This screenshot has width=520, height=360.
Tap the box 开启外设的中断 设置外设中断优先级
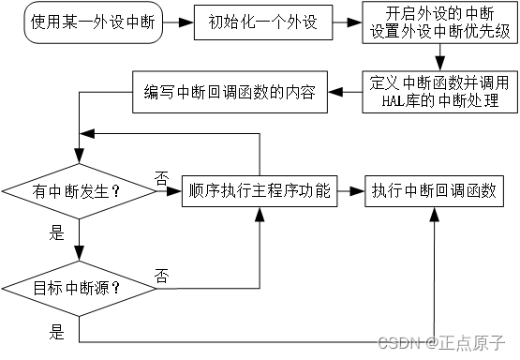coord(434,22)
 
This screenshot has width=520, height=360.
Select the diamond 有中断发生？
coord(79,193)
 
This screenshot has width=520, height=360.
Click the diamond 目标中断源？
coord(79,287)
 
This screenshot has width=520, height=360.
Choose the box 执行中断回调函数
coord(434,191)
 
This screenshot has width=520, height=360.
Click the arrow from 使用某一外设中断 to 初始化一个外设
coord(175,22)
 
